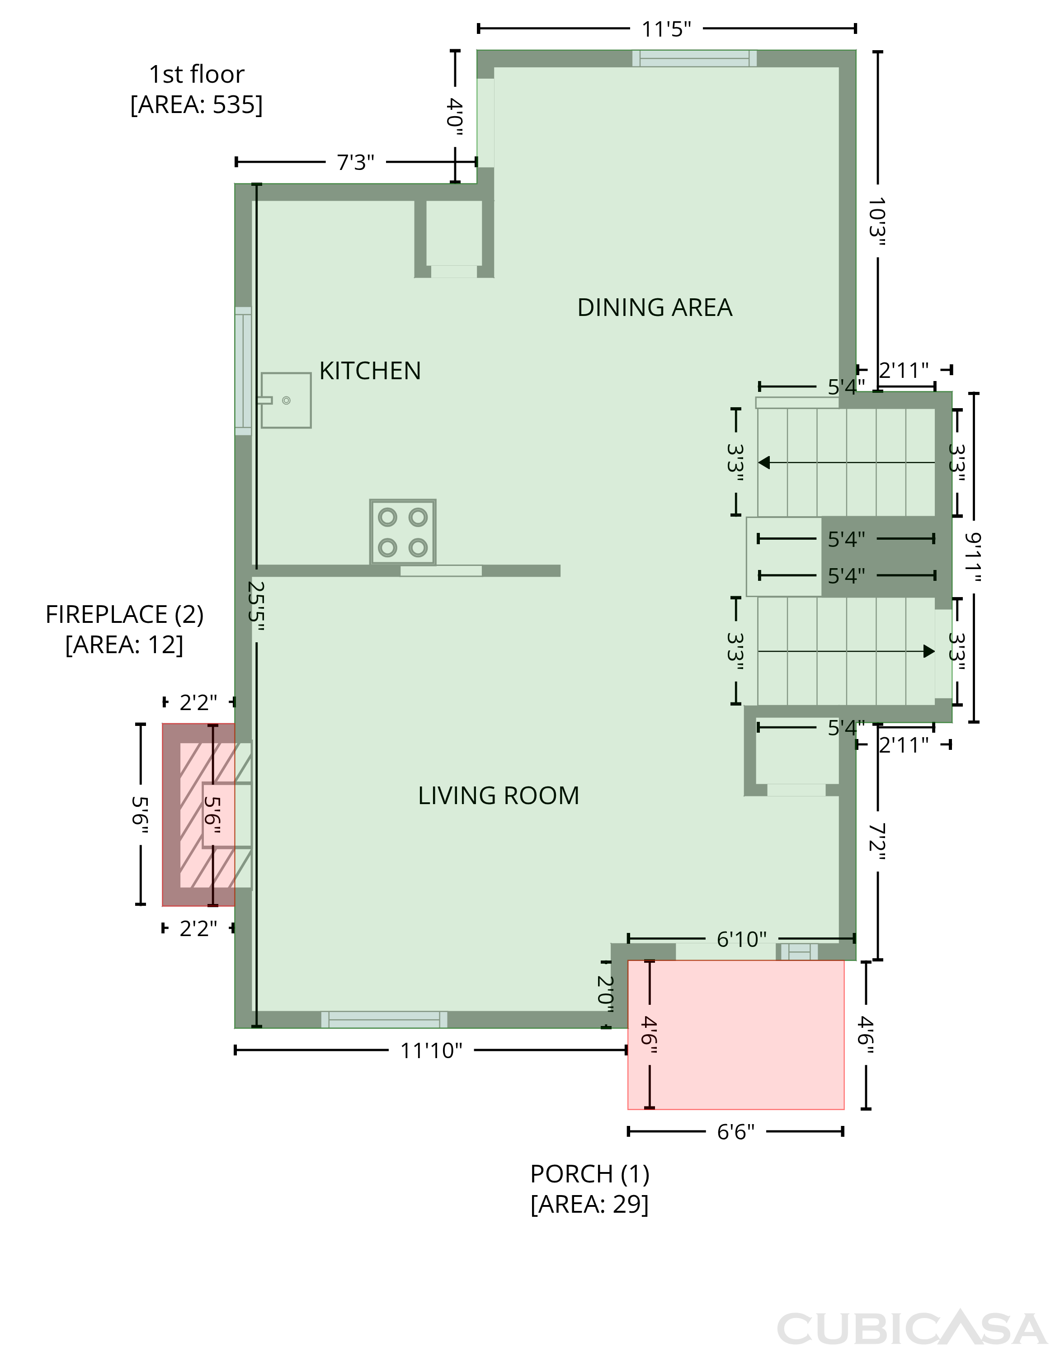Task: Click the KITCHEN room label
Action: pyautogui.click(x=370, y=371)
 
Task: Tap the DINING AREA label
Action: pyautogui.click(x=655, y=307)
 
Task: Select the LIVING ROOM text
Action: pyautogui.click(x=498, y=796)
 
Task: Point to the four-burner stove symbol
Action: pyautogui.click(x=402, y=532)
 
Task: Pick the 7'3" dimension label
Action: pyautogui.click(x=355, y=163)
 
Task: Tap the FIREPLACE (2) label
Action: pyautogui.click(x=124, y=615)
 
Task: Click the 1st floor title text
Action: pyautogui.click(x=196, y=75)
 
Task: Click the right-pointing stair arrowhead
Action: pyautogui.click(x=929, y=651)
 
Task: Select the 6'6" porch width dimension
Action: pyautogui.click(x=736, y=1132)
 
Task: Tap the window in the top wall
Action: pyautogui.click(x=694, y=58)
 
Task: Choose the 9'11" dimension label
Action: pyautogui.click(x=974, y=557)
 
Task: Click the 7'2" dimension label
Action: pyautogui.click(x=877, y=842)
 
